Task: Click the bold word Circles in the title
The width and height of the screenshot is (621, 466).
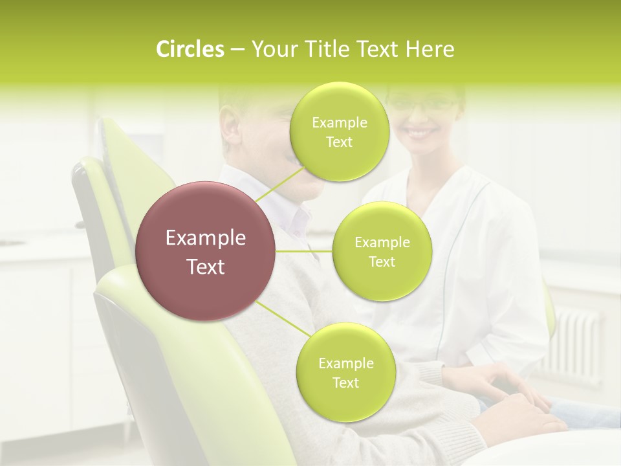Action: pyautogui.click(x=190, y=49)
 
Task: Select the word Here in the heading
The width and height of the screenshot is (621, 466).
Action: pyautogui.click(x=430, y=49)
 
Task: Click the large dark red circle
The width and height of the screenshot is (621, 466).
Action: pyautogui.click(x=206, y=251)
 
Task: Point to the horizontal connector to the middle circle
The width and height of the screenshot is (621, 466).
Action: pyautogui.click(x=304, y=251)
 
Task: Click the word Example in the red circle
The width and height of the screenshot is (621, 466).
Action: pyautogui.click(x=206, y=238)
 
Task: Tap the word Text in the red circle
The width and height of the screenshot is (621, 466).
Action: pyautogui.click(x=206, y=267)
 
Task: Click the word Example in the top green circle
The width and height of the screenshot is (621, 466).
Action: pyautogui.click(x=340, y=123)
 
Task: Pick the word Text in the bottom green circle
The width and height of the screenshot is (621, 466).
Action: pyautogui.click(x=345, y=383)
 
